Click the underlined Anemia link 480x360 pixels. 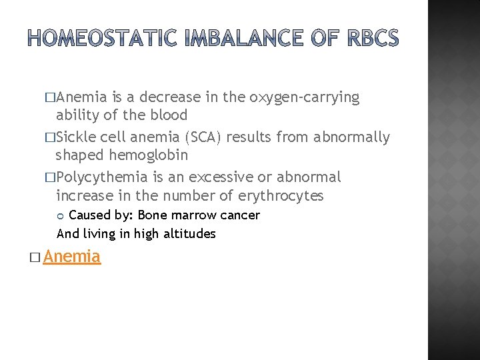pos(72,257)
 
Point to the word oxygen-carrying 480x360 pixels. pos(304,97)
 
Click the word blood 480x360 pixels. pos(168,115)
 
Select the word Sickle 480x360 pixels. pos(76,137)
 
